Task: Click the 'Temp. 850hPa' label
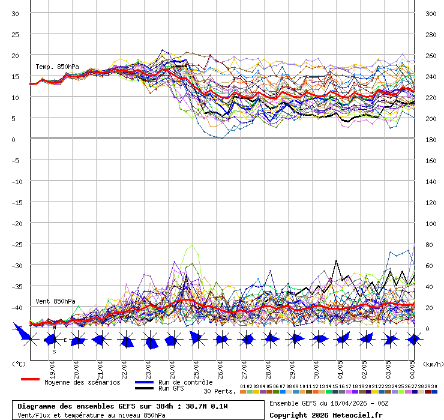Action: (x=57, y=67)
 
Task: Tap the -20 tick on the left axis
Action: (x=16, y=223)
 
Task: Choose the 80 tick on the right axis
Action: (x=429, y=245)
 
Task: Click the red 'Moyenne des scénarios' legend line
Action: (x=30, y=379)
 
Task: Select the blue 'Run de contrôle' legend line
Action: (x=144, y=382)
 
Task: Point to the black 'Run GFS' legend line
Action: (x=144, y=388)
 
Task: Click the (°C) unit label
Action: (x=19, y=364)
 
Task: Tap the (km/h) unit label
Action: (x=432, y=364)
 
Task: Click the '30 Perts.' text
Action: (x=219, y=391)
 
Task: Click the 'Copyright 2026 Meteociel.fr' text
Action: (x=326, y=415)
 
